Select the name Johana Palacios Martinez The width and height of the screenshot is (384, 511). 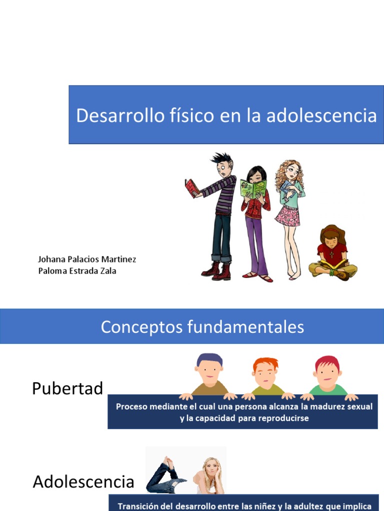tap(87, 259)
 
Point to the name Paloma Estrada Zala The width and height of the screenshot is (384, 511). tap(77, 271)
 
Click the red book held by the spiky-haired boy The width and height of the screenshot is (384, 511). tap(191, 188)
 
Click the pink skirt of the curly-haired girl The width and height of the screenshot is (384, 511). tap(287, 215)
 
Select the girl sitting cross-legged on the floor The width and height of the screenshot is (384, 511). tap(332, 253)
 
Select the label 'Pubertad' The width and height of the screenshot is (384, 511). tap(67, 388)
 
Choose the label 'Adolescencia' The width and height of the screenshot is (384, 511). tap(83, 482)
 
